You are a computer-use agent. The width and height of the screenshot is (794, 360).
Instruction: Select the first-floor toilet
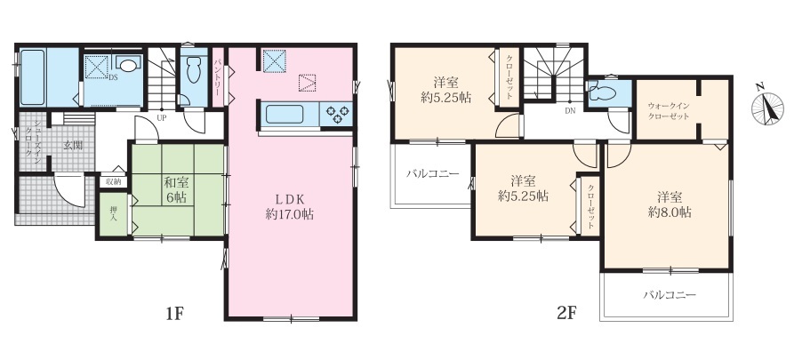[193, 70]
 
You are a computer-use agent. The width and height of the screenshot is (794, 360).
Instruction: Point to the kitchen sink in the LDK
[284, 114]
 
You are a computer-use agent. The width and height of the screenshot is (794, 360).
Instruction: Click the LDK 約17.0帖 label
[290, 206]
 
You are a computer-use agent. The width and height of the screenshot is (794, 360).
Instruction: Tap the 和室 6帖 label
[175, 190]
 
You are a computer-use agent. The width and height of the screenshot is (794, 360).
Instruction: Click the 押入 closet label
[114, 213]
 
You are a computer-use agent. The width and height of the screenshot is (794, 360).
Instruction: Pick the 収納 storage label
[114, 181]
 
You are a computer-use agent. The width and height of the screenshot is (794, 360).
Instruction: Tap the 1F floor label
[173, 314]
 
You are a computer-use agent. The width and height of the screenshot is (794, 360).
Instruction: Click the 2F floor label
[567, 314]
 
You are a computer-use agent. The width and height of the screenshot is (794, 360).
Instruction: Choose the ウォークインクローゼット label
[669, 111]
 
